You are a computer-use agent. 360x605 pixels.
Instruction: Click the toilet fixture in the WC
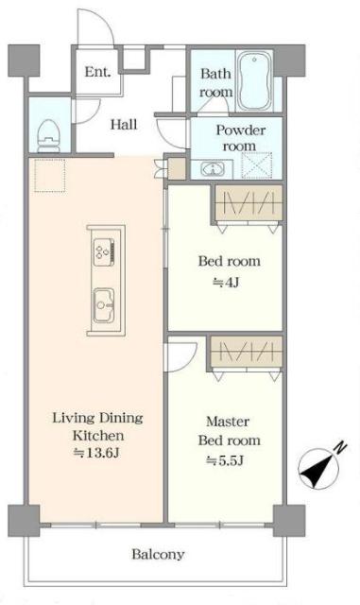click(49, 134)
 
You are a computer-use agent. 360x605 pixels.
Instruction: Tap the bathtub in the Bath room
click(255, 81)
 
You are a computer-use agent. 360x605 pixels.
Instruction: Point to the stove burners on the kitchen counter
click(104, 251)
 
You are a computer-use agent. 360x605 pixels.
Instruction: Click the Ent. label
click(98, 72)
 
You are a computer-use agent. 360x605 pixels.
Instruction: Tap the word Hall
click(124, 124)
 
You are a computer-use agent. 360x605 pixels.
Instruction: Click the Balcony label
click(158, 555)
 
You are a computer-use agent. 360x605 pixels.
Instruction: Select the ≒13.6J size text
click(96, 453)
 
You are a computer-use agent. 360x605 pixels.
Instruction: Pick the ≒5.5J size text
click(225, 460)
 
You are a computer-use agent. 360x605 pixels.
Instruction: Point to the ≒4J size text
click(226, 283)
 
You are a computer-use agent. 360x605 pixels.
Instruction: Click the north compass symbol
click(318, 469)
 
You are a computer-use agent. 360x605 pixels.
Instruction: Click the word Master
click(228, 422)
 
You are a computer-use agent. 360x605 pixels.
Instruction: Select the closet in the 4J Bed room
click(249, 204)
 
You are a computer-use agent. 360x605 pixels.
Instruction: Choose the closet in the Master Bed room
click(247, 352)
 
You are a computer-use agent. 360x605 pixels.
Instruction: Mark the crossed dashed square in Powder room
click(257, 165)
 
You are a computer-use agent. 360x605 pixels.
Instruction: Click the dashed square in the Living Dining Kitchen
click(50, 176)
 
